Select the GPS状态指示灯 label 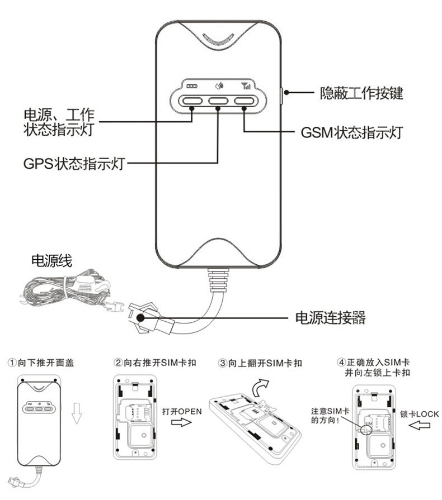coord(73,164)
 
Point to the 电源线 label coord(51,261)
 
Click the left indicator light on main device coord(191,101)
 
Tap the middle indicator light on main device coord(218,101)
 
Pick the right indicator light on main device coord(244,101)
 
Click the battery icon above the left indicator coord(192,87)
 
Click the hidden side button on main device coord(281,94)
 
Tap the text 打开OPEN coord(182,411)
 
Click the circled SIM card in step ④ coord(368,427)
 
